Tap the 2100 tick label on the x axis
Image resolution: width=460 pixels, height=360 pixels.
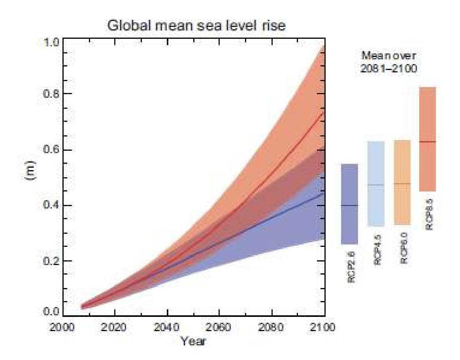click(x=324, y=328)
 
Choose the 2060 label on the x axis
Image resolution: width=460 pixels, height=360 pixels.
click(x=219, y=328)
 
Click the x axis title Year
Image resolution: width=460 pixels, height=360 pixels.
click(x=193, y=340)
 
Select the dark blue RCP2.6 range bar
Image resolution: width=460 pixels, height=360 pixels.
click(x=349, y=204)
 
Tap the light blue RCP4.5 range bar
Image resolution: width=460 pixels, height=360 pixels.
click(x=376, y=184)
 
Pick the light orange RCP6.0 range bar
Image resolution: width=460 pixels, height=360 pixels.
click(x=402, y=182)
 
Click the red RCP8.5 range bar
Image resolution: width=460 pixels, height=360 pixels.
click(x=427, y=139)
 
